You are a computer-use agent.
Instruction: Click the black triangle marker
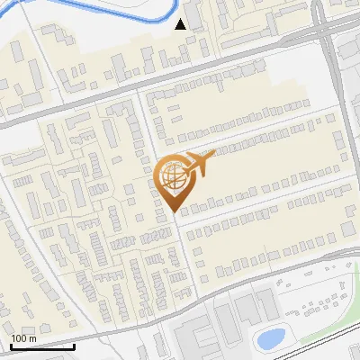182,24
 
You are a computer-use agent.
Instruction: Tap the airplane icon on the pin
196,165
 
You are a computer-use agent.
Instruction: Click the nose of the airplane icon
214,155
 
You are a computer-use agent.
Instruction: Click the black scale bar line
42,346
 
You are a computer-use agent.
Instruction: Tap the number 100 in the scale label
19,338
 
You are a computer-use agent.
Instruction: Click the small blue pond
269,338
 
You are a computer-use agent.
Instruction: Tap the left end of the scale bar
11,346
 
